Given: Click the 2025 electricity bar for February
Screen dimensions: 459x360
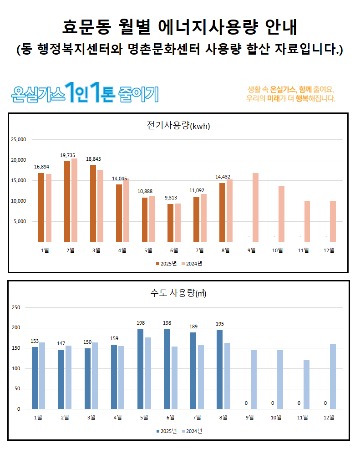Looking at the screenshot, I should [67, 201].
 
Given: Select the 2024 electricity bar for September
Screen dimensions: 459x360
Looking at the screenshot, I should [255, 207].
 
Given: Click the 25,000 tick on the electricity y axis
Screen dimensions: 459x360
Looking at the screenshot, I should [19, 139].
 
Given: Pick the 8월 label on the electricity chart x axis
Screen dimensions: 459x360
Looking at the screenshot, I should [226, 250].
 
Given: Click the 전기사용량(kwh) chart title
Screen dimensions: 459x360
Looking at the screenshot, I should [178, 126].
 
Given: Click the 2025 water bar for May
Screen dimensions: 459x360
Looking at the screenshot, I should [141, 368].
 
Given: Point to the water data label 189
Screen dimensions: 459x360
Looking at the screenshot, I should [193, 326].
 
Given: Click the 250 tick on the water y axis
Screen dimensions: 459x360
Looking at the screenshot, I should [16, 307].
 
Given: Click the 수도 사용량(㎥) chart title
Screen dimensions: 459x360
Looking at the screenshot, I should [178, 293].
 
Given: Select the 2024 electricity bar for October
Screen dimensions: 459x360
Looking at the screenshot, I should [281, 214].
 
